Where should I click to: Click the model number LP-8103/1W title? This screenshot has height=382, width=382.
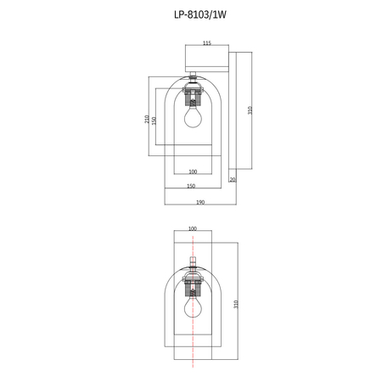click(x=191, y=14)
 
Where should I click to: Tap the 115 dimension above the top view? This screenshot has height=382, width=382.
click(x=206, y=42)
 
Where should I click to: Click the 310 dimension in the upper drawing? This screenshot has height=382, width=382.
click(x=250, y=110)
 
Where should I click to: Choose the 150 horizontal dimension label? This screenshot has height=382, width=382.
click(x=191, y=186)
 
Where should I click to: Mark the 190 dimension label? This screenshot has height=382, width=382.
click(x=199, y=202)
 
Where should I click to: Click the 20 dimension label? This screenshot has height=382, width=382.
click(x=233, y=179)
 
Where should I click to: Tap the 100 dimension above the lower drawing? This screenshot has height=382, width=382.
click(x=192, y=228)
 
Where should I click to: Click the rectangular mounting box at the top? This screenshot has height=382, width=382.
click(x=206, y=59)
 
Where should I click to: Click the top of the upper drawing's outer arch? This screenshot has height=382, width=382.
click(x=193, y=71)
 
